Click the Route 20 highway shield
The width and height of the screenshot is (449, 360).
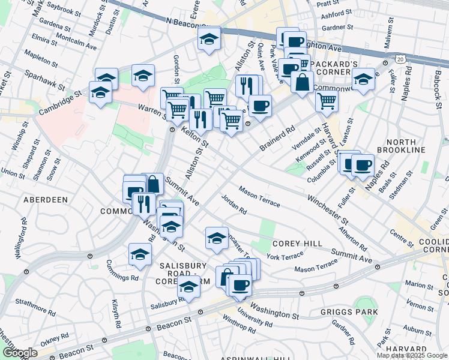pyautogui.click(x=400, y=59)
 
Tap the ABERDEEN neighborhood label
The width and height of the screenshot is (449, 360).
pyautogui.click(x=46, y=199)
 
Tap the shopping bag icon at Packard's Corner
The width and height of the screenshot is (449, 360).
pyautogui.click(x=302, y=81)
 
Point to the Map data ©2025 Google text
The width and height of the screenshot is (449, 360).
pyautogui.click(x=412, y=355)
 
